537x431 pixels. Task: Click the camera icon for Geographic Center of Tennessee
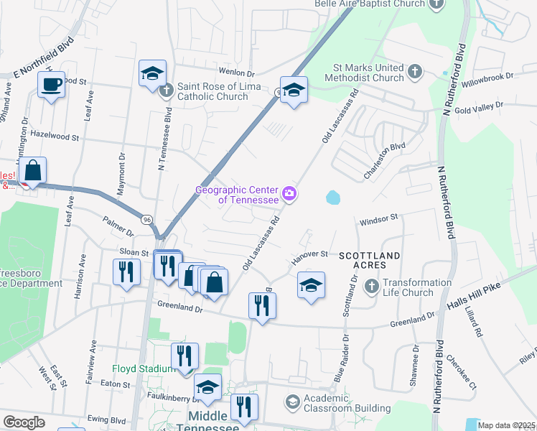click(290, 193)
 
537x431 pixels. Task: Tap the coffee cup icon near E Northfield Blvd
click(51, 84)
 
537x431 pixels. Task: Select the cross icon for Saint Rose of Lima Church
click(167, 91)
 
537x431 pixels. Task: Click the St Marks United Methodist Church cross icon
click(414, 72)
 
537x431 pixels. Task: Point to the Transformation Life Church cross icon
click(371, 287)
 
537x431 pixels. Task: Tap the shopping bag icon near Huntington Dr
click(33, 171)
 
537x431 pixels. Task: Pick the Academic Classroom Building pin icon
click(292, 401)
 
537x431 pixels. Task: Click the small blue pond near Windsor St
click(332, 197)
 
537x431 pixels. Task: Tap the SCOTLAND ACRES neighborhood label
click(369, 255)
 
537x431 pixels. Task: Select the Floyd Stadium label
click(141, 369)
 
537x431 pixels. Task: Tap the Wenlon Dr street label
click(237, 73)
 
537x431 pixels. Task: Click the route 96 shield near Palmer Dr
click(146, 219)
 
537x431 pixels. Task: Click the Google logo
click(24, 422)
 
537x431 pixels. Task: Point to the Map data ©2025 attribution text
click(506, 425)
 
